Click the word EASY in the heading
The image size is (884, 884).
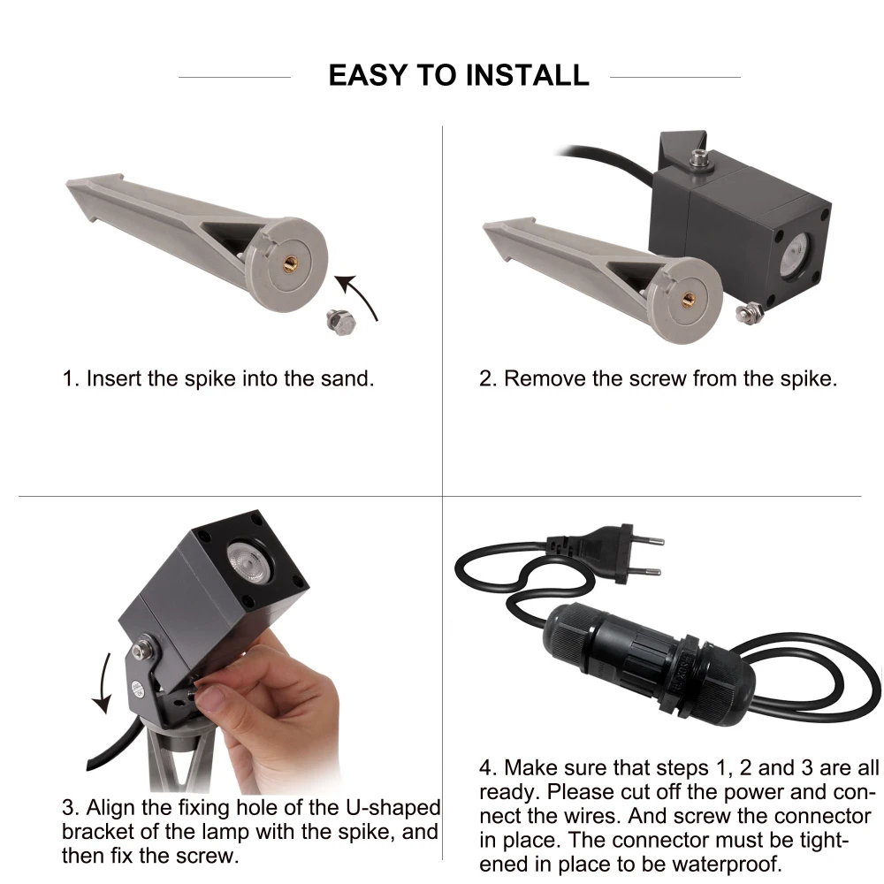coord(368,75)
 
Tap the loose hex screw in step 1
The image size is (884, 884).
coord(341,322)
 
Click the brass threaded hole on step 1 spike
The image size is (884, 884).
coord(290,263)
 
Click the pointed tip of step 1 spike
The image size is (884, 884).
coord(69,183)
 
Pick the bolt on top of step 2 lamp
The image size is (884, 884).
coord(699,159)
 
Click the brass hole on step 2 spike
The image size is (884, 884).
coord(687,300)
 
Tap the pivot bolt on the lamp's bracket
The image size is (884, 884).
coord(143,648)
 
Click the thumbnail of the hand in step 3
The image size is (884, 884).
coord(212,699)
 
